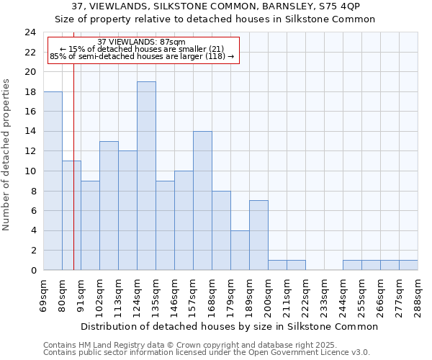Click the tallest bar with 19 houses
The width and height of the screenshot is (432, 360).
[146, 176]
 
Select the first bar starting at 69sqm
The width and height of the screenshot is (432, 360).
[53, 181]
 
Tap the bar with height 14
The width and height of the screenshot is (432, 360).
[202, 201]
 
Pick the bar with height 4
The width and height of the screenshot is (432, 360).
[240, 251]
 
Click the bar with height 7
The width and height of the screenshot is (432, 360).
[258, 235]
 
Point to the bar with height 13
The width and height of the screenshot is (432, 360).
[109, 206]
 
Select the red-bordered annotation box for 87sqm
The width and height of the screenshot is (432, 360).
[143, 49]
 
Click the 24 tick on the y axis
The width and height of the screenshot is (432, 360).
[30, 32]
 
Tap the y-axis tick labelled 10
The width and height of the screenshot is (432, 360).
[30, 171]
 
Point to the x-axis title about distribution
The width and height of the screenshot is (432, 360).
[229, 326]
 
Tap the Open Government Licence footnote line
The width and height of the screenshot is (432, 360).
[207, 353]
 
